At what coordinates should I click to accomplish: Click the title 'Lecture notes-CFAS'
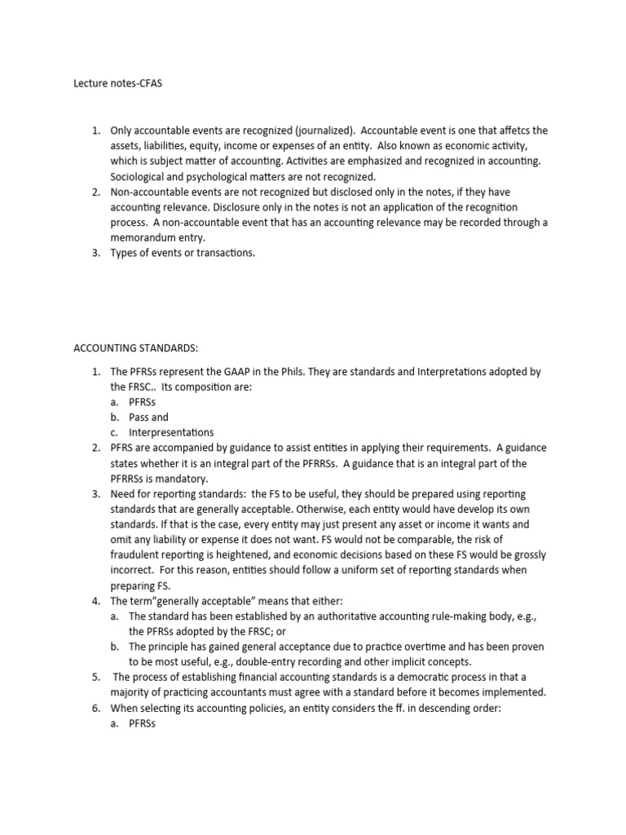118,83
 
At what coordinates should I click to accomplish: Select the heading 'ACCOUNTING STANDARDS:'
136,347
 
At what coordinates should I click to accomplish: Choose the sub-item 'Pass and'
148,417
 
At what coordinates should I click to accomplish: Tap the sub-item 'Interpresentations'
171,432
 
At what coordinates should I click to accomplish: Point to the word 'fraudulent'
137,554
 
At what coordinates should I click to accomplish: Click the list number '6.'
95,708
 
